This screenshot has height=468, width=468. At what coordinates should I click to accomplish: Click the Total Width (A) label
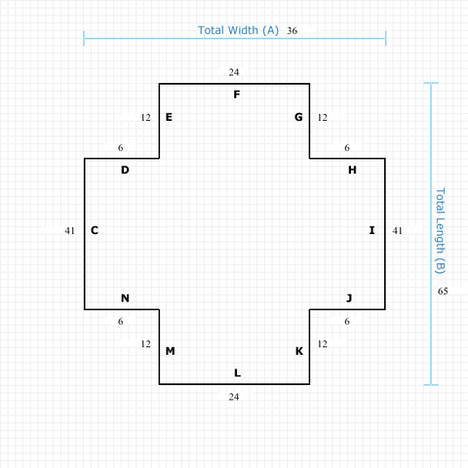coord(238,30)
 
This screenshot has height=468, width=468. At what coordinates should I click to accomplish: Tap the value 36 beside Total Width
coord(292,31)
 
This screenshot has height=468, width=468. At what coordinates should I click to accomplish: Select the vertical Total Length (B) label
coord(440,231)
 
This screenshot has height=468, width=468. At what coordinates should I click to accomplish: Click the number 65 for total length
coord(443,292)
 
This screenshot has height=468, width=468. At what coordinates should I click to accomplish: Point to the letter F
coord(237,95)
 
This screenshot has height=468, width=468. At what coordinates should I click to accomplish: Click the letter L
coord(238,372)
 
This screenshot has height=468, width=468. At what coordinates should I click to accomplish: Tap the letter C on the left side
coord(95,230)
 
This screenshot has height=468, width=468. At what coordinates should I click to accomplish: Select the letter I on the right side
coord(372,230)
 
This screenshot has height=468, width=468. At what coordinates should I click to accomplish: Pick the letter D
coord(125,170)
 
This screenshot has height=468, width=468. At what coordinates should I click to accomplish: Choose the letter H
coord(352,170)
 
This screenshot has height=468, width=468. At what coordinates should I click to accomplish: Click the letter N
coord(125,298)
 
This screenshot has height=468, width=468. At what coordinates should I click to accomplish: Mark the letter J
coord(349,298)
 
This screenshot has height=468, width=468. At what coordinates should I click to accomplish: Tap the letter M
coord(171,351)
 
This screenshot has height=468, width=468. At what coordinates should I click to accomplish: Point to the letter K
coord(299,351)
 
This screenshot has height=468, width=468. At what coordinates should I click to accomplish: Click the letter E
coord(169,117)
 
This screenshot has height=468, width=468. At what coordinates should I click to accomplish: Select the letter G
coord(298,117)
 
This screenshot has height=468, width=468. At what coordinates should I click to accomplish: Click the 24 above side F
coord(234,72)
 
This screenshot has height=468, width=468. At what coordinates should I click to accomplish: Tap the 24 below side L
coord(234,397)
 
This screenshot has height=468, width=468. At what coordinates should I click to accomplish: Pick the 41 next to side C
coord(70,231)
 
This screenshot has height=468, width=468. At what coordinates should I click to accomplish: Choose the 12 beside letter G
coord(323,117)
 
